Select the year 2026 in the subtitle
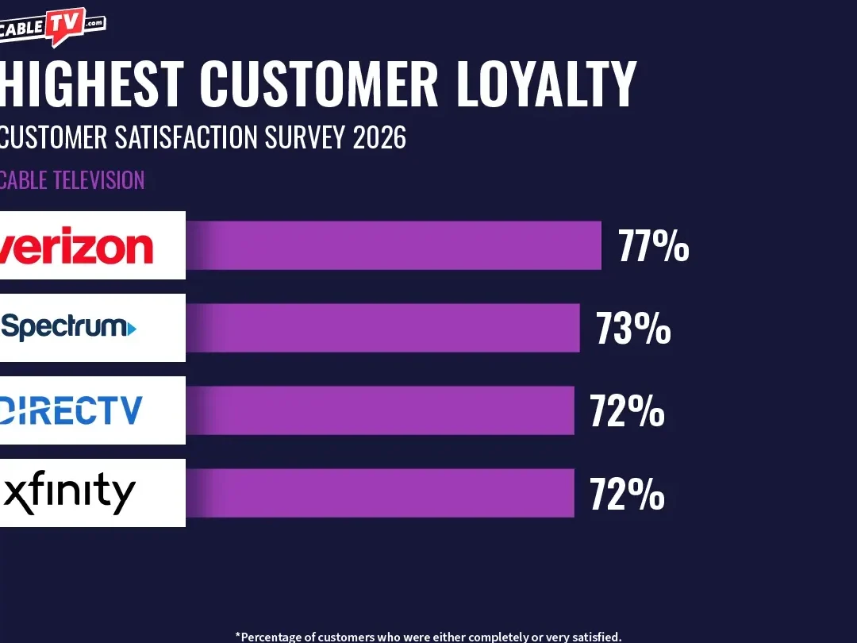[x=379, y=137]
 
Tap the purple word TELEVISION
[x=99, y=179]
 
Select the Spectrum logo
[x=70, y=326]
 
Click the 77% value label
[x=654, y=247]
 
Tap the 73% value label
[x=633, y=329]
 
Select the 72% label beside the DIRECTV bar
[x=627, y=411]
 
